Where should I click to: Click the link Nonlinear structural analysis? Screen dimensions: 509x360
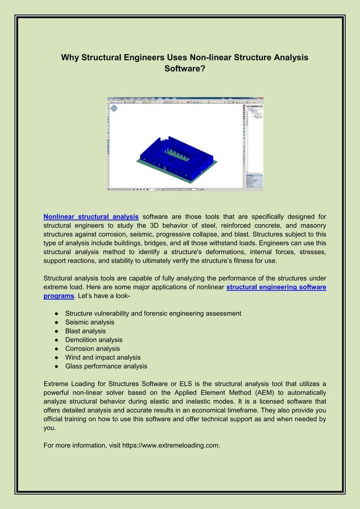91,216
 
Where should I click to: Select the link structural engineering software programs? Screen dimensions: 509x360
276,287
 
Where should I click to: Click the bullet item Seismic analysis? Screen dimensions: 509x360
89,322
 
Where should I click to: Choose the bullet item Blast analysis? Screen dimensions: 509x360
85,331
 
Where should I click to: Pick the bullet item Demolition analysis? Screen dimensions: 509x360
94,340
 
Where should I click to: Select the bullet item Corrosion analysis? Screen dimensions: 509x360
92,349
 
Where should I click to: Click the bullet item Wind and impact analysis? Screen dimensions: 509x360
103,357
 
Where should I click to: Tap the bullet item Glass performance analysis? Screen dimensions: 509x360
106,366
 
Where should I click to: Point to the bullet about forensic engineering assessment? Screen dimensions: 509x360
153,313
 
